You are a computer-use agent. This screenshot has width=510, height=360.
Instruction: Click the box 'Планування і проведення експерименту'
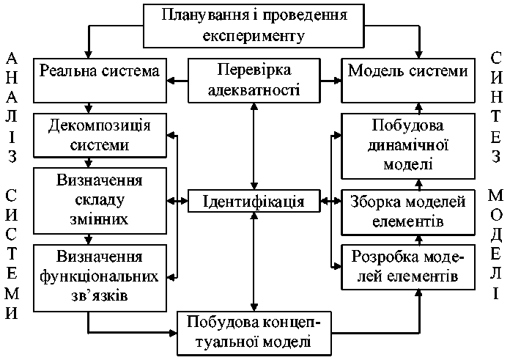[x=254, y=24]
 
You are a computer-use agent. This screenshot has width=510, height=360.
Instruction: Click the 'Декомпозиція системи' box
[x=100, y=134]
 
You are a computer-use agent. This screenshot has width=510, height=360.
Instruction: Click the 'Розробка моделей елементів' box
[x=407, y=267]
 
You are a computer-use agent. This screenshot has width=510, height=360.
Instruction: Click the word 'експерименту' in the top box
[x=254, y=34]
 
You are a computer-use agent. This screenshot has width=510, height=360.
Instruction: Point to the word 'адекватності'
[x=254, y=90]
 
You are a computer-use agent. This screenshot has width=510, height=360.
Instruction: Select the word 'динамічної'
[x=407, y=145]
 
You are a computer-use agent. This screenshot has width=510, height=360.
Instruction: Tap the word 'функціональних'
[x=100, y=277]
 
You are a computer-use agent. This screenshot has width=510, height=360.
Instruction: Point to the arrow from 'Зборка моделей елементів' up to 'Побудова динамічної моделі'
[x=419, y=183]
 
